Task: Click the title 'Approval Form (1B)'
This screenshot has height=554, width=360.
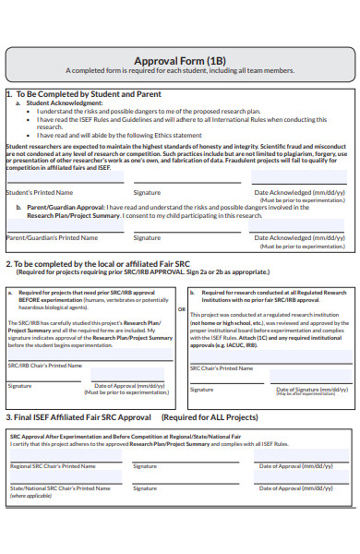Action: click(180, 56)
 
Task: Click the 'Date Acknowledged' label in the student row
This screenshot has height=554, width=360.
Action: click(300, 192)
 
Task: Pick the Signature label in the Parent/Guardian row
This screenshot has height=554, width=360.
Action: click(147, 237)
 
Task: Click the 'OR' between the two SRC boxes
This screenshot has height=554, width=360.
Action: click(181, 310)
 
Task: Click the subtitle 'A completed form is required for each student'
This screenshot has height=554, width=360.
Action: click(181, 69)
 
